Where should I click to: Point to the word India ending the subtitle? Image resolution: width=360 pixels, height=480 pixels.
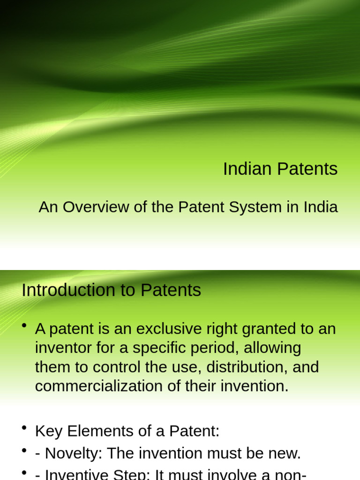pos(321,207)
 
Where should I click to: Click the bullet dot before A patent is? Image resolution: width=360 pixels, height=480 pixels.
pos(24,326)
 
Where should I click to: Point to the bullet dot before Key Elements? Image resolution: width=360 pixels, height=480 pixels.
pos(24,428)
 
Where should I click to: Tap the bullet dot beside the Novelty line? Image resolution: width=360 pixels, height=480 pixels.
pos(24,450)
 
